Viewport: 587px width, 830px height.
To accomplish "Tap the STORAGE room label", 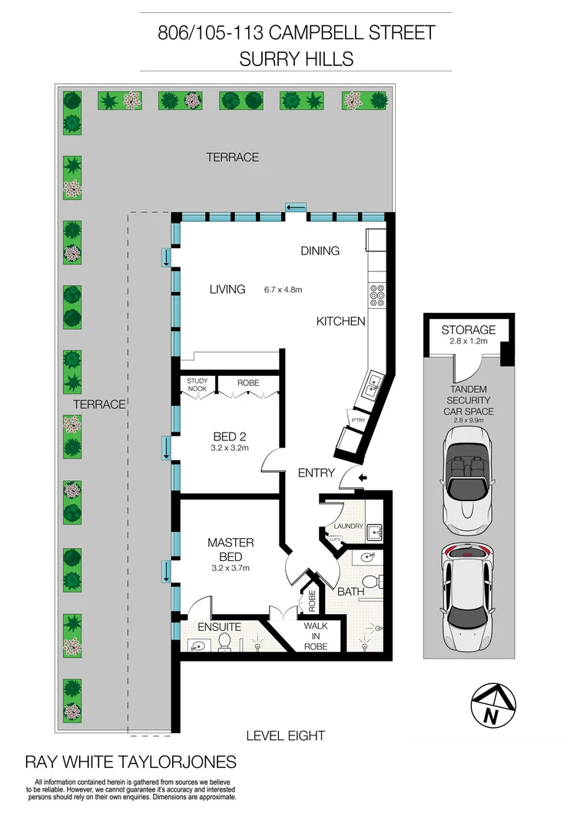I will click(x=468, y=330).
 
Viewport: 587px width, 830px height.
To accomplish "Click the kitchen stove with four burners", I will click(x=378, y=297).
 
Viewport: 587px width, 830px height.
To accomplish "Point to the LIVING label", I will click(x=227, y=290).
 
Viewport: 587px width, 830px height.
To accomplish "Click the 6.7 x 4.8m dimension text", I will click(x=284, y=290).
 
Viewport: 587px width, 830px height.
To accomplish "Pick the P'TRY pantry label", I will click(x=357, y=420).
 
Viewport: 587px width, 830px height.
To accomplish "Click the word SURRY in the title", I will click(x=266, y=58).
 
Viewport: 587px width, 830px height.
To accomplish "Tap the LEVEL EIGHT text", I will click(x=285, y=735).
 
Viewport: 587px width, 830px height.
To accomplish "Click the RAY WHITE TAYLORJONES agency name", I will click(x=131, y=762).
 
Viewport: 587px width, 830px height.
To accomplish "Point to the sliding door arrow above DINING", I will click(x=295, y=207).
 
